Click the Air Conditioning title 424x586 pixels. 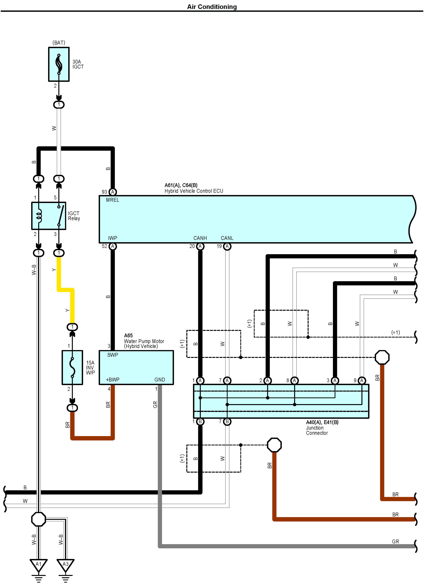tap(212, 7)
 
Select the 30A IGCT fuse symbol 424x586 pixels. tap(59, 64)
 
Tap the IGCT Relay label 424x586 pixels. tap(74, 216)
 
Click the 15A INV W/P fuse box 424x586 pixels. tap(72, 367)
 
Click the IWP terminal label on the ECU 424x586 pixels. tap(113, 238)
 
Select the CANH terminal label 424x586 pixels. tap(200, 238)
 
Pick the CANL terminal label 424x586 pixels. tap(227, 238)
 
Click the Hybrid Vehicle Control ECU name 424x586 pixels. tap(194, 191)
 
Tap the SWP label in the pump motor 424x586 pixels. tap(113, 355)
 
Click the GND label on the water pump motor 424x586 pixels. tap(160, 380)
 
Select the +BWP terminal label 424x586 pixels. tap(113, 380)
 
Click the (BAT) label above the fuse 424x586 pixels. tap(59, 43)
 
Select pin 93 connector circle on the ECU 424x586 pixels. tap(113, 192)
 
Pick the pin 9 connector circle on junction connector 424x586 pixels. tap(362, 380)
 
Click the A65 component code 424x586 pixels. tap(128, 335)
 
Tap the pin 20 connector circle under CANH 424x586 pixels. tap(200, 246)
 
